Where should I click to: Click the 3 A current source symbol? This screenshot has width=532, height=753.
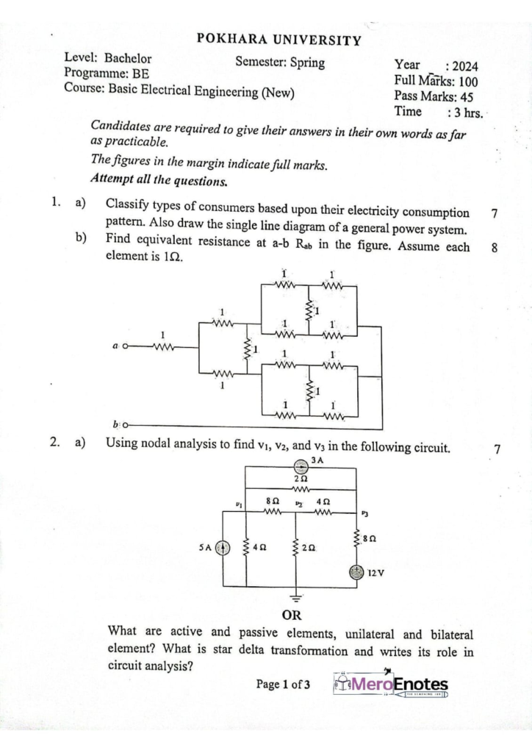[x=300, y=466]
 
